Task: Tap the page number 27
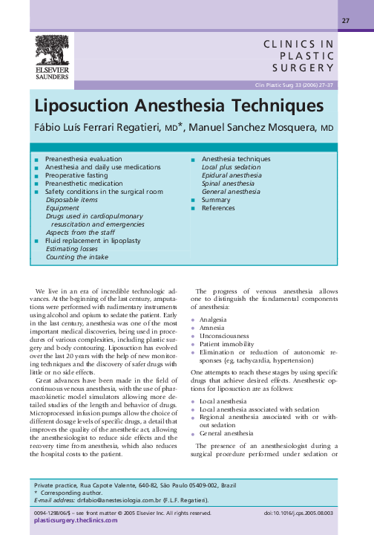(x=345, y=20)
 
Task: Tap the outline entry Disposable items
(x=71, y=200)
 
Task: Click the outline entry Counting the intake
(x=77, y=257)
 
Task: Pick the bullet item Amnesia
(x=214, y=327)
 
